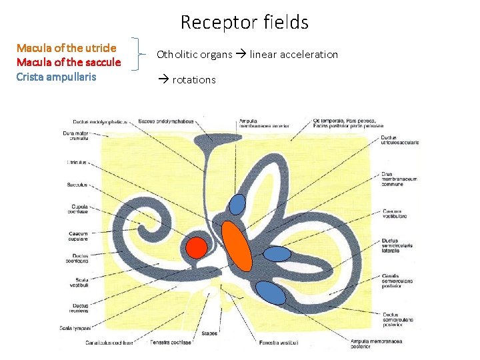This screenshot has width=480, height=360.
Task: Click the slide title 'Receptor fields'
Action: [244, 23]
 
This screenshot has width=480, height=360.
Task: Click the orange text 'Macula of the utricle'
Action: [66, 48]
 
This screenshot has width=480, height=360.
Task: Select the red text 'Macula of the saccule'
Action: [69, 62]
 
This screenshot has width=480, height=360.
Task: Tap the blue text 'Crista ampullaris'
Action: [56, 76]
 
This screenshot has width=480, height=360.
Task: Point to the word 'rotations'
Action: [194, 80]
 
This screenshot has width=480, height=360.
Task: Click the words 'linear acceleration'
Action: [294, 54]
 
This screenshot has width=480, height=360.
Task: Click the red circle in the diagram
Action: [196, 247]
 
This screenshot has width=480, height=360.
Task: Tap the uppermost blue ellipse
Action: [237, 203]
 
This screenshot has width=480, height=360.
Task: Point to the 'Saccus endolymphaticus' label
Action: [166, 121]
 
